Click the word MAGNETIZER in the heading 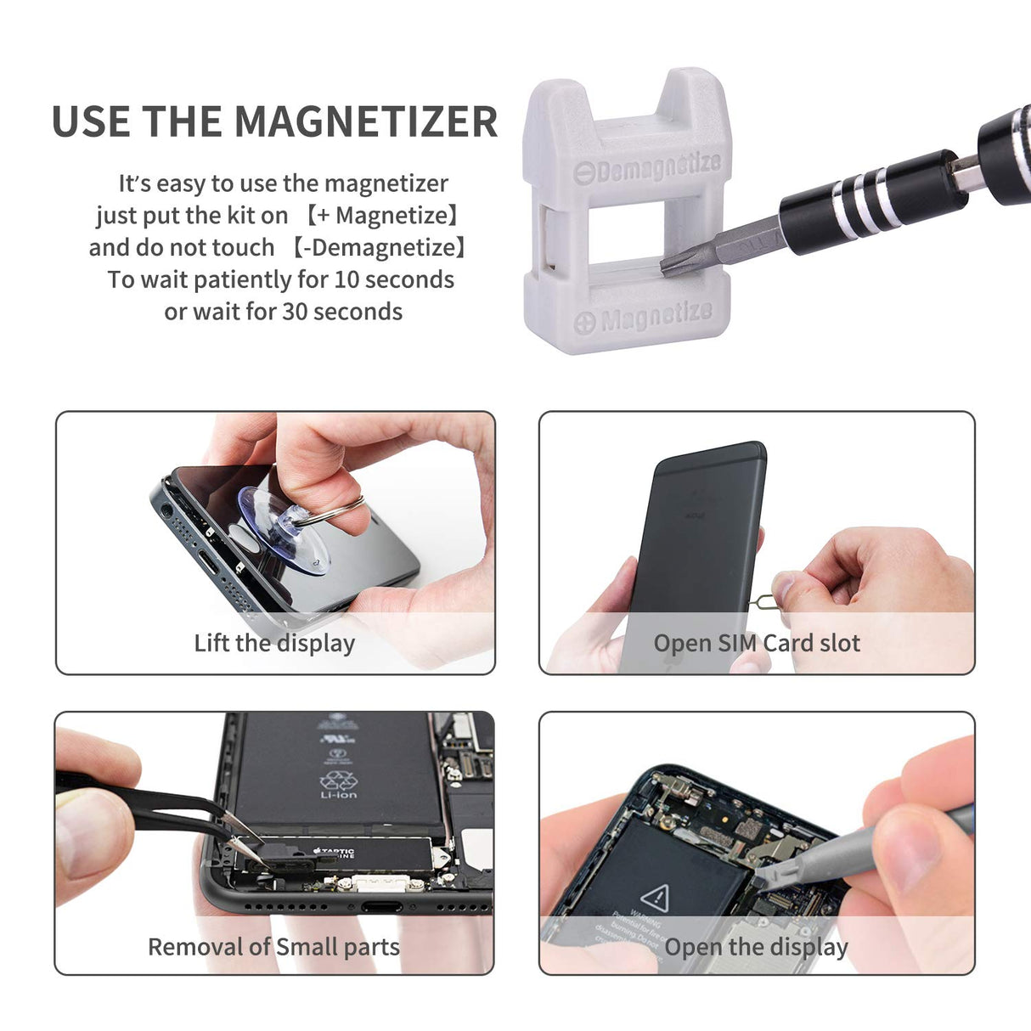click(365, 121)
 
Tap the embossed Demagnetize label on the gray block click(647, 167)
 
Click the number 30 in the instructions click(294, 312)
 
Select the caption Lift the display click(274, 643)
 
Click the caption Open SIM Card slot click(757, 643)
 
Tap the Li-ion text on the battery click(338, 795)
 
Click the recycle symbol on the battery click(338, 779)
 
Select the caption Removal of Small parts click(273, 947)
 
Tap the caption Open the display click(756, 947)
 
